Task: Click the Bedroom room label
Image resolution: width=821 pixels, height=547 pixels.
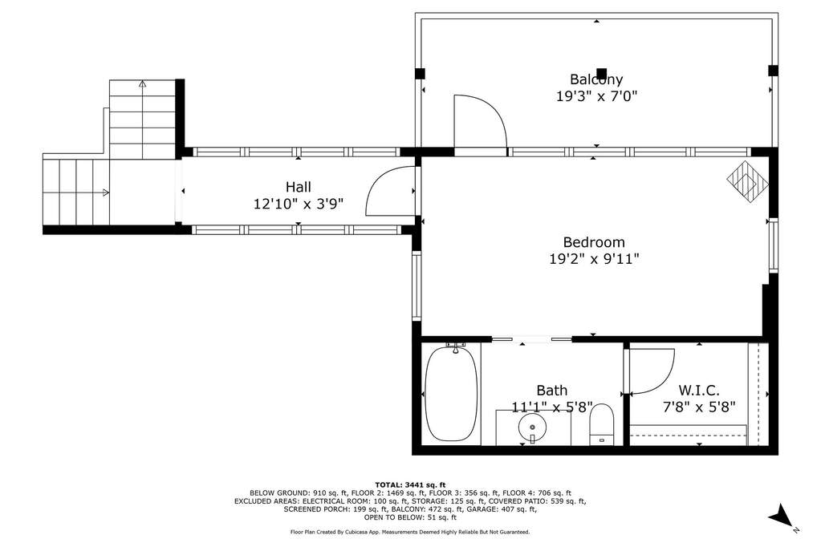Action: (594, 242)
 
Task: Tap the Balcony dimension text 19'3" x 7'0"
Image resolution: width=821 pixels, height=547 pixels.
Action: (596, 96)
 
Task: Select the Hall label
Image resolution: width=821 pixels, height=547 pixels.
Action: (299, 187)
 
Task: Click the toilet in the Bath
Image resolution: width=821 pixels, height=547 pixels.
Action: (601, 424)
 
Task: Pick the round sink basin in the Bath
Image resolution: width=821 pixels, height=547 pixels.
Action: (533, 427)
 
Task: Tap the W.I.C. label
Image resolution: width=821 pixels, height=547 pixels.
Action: (699, 390)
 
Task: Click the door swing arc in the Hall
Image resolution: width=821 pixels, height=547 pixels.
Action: (378, 180)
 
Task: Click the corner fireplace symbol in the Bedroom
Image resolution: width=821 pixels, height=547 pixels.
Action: (748, 180)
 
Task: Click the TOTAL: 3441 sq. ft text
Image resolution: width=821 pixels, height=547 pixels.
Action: (410, 484)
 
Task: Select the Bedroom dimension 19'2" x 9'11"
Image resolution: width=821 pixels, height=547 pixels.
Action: (595, 259)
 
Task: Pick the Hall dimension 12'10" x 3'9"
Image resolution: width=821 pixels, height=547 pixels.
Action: (299, 204)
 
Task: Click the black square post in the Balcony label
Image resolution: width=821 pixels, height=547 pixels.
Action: (602, 73)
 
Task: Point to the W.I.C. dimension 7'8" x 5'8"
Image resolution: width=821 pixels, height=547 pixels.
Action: (699, 407)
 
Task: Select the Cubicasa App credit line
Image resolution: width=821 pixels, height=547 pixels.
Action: (410, 532)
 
